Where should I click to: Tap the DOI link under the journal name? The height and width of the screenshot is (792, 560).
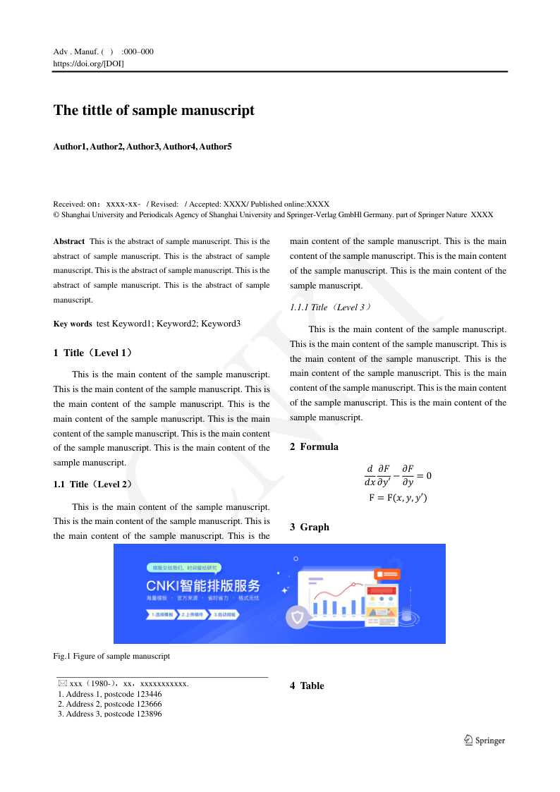89,63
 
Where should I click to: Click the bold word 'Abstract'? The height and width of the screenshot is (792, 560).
69,241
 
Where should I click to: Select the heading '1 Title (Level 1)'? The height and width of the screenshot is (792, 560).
92,353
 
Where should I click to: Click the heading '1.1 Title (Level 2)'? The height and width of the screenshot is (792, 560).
92,485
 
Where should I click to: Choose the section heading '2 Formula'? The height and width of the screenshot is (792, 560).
314,446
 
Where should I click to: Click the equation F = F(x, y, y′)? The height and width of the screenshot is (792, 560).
398,498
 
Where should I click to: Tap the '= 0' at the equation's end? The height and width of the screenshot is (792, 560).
424,475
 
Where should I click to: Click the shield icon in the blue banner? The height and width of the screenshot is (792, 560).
298,619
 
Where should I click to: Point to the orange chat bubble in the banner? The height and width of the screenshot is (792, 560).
387,575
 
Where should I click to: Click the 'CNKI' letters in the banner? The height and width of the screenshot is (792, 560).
162,587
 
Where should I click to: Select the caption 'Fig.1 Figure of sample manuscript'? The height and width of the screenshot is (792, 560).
111,656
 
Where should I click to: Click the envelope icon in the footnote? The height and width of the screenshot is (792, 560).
63,683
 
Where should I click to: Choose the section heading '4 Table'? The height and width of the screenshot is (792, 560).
307,686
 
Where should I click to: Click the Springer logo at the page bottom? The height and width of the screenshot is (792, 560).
485,741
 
